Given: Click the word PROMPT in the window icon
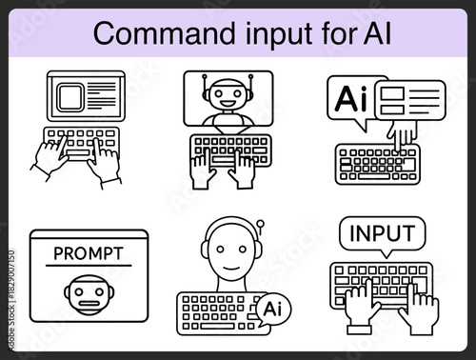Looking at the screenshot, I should [89, 254].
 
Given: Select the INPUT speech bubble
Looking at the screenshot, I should [382, 233].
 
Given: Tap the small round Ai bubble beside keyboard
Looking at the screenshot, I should [270, 309].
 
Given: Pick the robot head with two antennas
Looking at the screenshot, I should [227, 95].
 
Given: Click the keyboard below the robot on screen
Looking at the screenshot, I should [230, 149].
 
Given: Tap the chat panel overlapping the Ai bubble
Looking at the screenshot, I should [408, 100].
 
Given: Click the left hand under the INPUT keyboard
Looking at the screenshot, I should [361, 310].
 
